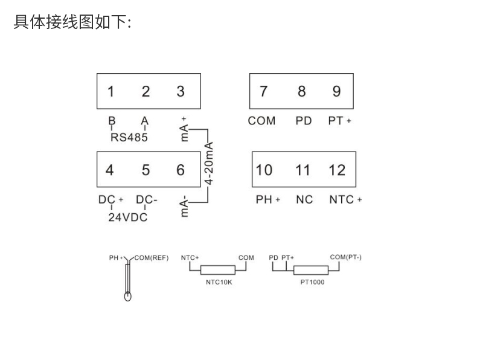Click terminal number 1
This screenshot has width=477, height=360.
[111, 91]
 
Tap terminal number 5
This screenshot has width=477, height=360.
[146, 170]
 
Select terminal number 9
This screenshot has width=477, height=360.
[336, 91]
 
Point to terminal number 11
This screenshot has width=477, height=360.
[303, 170]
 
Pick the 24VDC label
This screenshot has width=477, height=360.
[128, 217]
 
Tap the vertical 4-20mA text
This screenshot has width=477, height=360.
[210, 164]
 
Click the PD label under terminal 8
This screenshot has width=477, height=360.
[304, 121]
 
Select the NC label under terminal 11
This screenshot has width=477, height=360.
[304, 199]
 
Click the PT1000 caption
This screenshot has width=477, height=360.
[312, 281]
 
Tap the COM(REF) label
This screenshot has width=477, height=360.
[151, 258]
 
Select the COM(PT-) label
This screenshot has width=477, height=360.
[345, 257]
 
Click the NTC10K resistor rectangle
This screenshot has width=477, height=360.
[217, 271]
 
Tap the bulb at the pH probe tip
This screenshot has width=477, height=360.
[127, 296]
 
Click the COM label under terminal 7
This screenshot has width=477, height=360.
[261, 121]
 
